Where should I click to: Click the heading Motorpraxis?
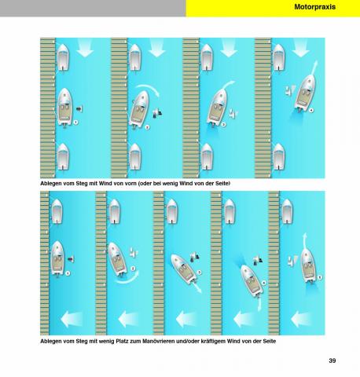coord(314,7)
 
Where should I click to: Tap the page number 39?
coord(332,361)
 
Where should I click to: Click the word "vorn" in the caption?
coord(130,184)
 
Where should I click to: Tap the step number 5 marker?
coord(319,277)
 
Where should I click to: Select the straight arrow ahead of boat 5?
coord(304,241)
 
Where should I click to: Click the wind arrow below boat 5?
coord(301,319)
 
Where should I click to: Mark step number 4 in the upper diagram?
coord(311,110)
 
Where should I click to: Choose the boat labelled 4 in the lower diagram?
coord(252,281)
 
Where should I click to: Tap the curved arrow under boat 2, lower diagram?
coord(128,279)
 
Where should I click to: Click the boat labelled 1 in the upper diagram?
coord(64,108)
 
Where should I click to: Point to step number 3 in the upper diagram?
coord(223,125)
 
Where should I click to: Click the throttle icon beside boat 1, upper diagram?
coord(79,108)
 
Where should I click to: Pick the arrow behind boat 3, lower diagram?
coord(197,288)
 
